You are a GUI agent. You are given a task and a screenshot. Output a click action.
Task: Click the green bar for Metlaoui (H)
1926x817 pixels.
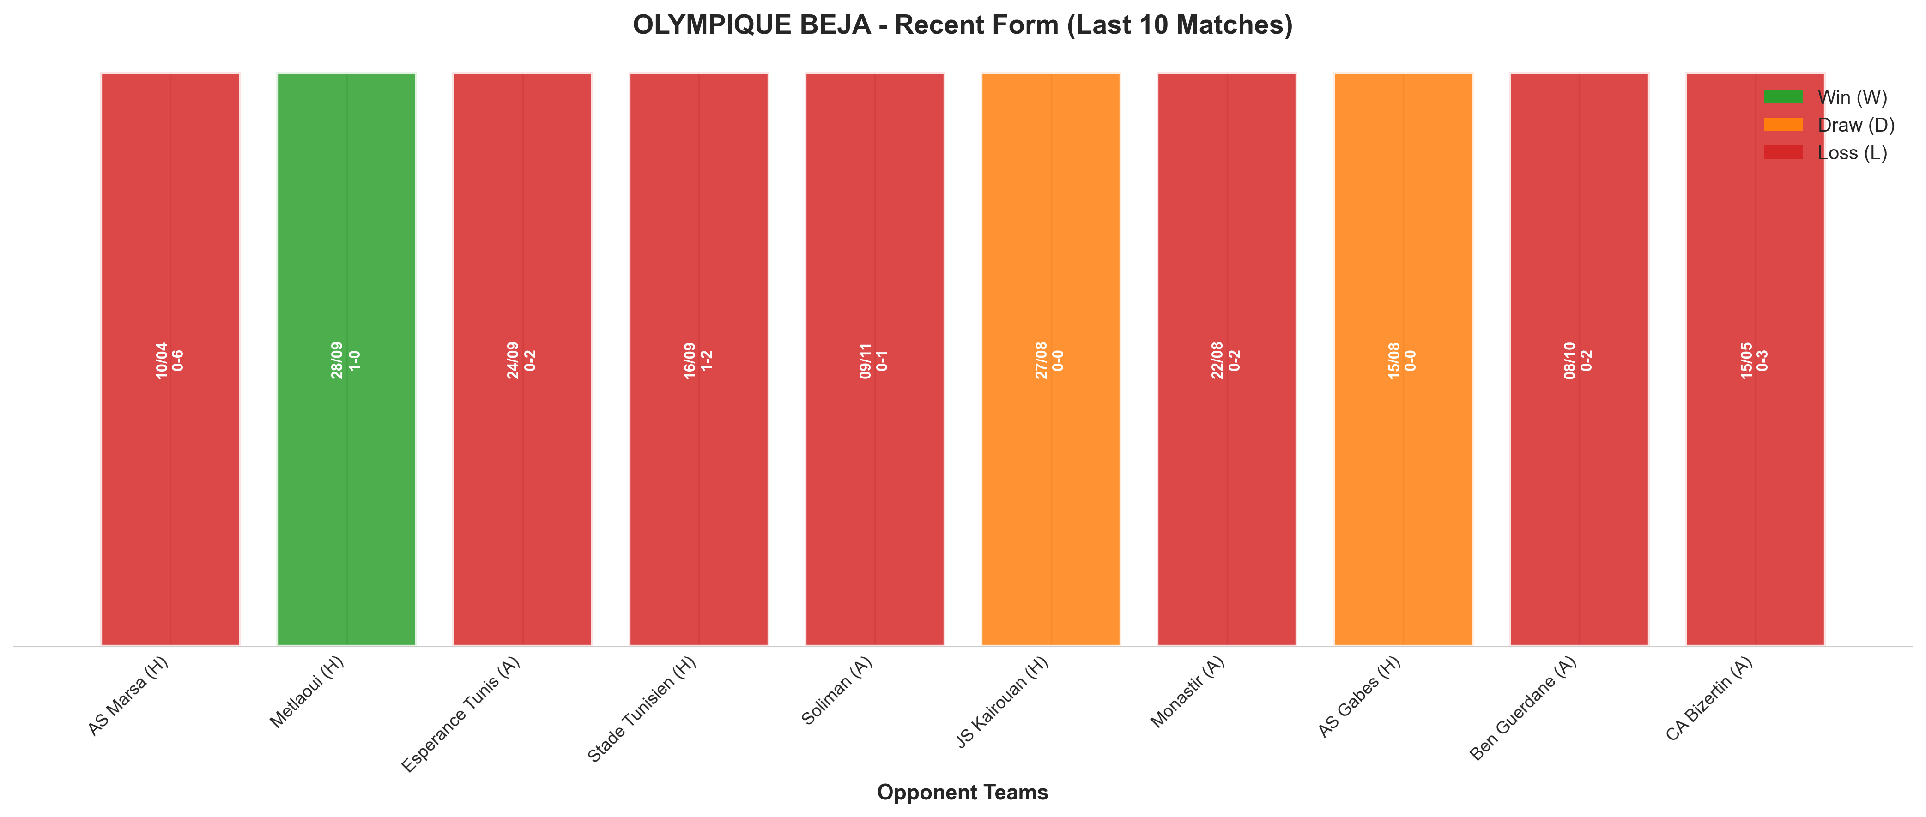[x=346, y=359]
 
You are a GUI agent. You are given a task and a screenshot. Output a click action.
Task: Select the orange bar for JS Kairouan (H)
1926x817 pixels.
[x=1050, y=359]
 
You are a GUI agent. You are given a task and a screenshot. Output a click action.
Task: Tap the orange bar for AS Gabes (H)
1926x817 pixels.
[x=1403, y=359]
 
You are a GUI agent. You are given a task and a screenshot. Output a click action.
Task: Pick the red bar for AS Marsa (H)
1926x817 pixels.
[x=170, y=359]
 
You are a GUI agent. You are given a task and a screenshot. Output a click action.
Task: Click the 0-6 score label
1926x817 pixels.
[x=178, y=360]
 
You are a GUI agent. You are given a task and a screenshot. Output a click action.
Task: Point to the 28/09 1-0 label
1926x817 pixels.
[x=345, y=360]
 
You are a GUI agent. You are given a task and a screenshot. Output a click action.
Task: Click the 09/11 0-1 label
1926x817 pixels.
[x=874, y=360]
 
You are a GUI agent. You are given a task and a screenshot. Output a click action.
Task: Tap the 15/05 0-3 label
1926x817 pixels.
[x=1755, y=360]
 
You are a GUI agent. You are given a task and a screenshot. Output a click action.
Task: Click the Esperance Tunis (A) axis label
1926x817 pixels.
[x=460, y=715]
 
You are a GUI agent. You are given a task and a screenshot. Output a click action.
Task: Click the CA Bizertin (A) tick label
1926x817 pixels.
[x=1709, y=699]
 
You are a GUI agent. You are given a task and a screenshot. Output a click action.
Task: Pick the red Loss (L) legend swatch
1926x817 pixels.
[x=1783, y=152]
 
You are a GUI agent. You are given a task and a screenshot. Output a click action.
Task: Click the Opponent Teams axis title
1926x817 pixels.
[x=962, y=793]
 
